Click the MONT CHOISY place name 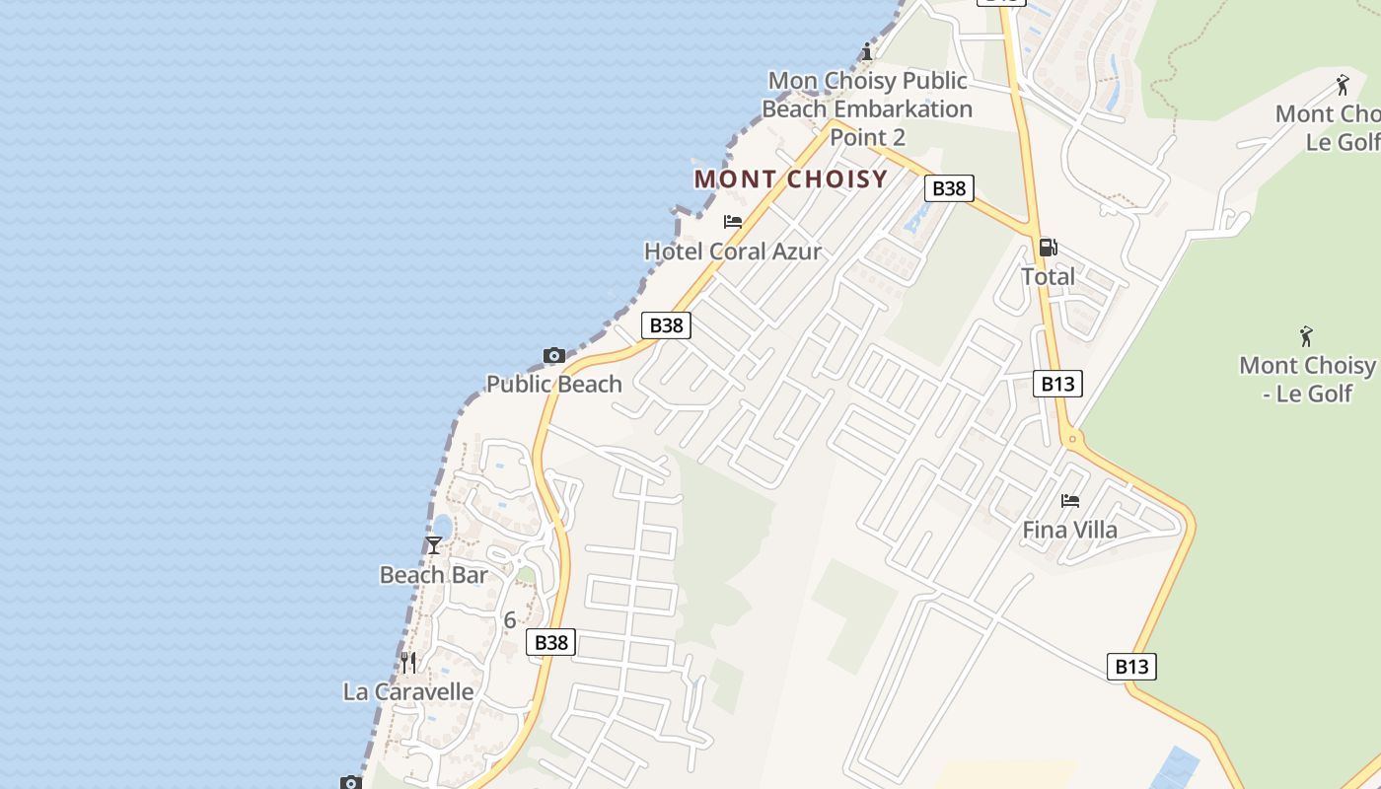pyautogui.click(x=791, y=179)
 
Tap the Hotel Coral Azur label pyautogui.click(x=733, y=251)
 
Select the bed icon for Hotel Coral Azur pyautogui.click(x=733, y=222)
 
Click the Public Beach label pyautogui.click(x=554, y=384)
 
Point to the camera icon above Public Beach pyautogui.click(x=554, y=355)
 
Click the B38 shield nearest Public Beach pyautogui.click(x=666, y=324)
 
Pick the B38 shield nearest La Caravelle pyautogui.click(x=550, y=642)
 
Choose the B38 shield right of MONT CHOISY pyautogui.click(x=949, y=187)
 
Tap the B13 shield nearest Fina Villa pyautogui.click(x=1057, y=384)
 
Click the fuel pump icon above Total pyautogui.click(x=1048, y=248)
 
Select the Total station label pyautogui.click(x=1048, y=276)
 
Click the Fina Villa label pyautogui.click(x=1070, y=530)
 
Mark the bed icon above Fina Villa pyautogui.click(x=1070, y=501)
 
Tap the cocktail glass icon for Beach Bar pyautogui.click(x=434, y=545)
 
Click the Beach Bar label pyautogui.click(x=434, y=575)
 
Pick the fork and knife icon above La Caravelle pyautogui.click(x=408, y=662)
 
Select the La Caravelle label pyautogui.click(x=408, y=691)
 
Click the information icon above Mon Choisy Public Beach pyautogui.click(x=867, y=51)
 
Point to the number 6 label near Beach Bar pyautogui.click(x=510, y=620)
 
